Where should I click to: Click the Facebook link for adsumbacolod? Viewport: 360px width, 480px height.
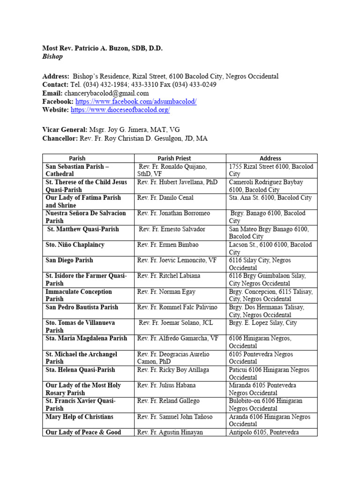click(135, 102)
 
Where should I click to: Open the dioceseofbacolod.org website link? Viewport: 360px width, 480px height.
click(120, 110)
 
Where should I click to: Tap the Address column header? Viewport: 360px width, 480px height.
click(270, 158)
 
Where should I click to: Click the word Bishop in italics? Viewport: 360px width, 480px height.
click(52, 57)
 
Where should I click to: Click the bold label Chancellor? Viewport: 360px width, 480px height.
click(60, 138)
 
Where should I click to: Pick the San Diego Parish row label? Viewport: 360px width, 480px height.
click(69, 260)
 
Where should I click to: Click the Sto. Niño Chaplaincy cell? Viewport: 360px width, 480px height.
click(75, 245)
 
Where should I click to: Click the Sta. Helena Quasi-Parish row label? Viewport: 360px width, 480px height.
click(80, 370)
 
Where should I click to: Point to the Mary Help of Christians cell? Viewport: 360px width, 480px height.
click(80, 417)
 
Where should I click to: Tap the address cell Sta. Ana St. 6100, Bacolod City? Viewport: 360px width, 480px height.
click(271, 198)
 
